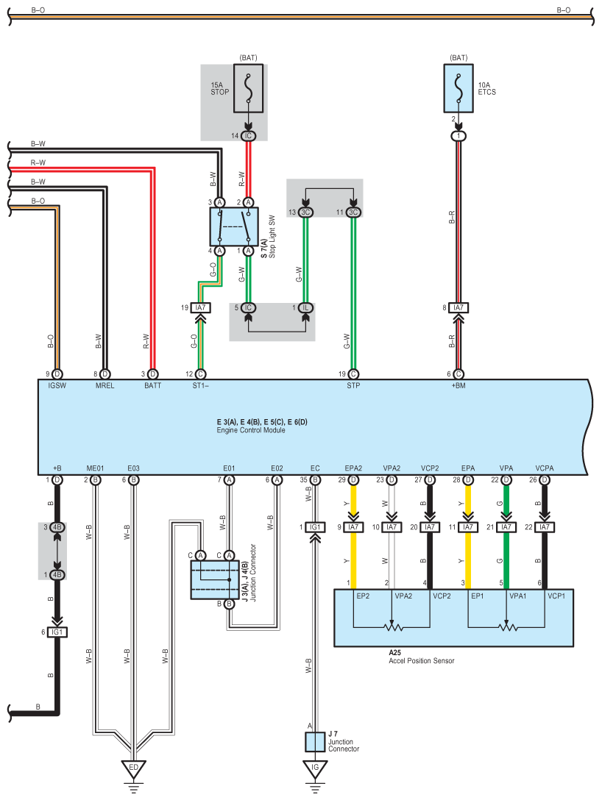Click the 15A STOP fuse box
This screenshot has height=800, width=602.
pos(248,88)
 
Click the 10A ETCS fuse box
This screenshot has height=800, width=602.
pos(458,88)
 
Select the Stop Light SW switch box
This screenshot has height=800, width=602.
pos(234,226)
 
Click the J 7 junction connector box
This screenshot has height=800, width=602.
pos(315,742)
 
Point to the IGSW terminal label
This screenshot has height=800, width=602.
pos(57,386)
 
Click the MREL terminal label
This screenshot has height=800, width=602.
pos(105,386)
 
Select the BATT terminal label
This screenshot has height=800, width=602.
pos(152,386)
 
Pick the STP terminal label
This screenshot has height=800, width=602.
pos(353,386)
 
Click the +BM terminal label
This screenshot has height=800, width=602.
pos(458,386)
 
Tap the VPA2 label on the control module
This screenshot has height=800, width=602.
pos(392,468)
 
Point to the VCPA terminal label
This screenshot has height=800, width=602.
pos(545,468)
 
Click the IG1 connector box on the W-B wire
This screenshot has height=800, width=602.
pos(315,527)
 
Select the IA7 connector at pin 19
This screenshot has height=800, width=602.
pos(201,307)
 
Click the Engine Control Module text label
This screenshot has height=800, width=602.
pos(251,430)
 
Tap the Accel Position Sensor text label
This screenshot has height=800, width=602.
pos(421,661)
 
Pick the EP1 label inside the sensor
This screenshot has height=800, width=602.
pos(478,596)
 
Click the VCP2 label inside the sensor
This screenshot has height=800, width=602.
pos(442,596)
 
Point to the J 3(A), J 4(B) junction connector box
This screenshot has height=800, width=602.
pos(215,579)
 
